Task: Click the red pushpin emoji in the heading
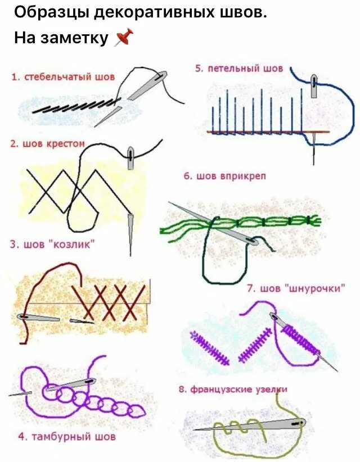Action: coord(124,38)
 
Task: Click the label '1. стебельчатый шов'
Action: coord(63,76)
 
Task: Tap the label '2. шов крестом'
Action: coord(47,144)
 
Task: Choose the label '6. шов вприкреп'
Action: coord(224,176)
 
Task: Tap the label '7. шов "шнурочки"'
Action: coord(296,288)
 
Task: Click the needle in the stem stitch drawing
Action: coord(147,87)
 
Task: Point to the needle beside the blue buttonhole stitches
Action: coord(314,87)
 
